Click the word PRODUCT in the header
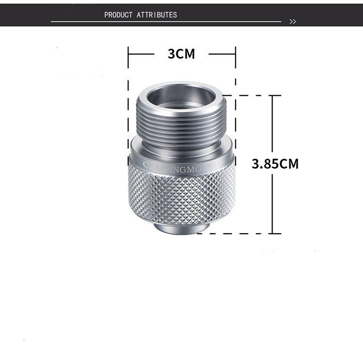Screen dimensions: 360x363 point(118,15)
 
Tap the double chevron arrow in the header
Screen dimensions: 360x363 point(292,22)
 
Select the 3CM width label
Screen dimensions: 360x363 point(181,54)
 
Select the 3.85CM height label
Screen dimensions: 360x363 point(275,164)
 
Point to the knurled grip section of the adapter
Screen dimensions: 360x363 point(181,194)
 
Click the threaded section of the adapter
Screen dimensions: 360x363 point(181,123)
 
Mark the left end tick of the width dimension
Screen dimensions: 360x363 point(128,54)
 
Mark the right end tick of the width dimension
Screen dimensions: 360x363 point(235,54)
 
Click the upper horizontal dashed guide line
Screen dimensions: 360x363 point(244,95)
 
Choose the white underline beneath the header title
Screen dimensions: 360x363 point(165,22)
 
